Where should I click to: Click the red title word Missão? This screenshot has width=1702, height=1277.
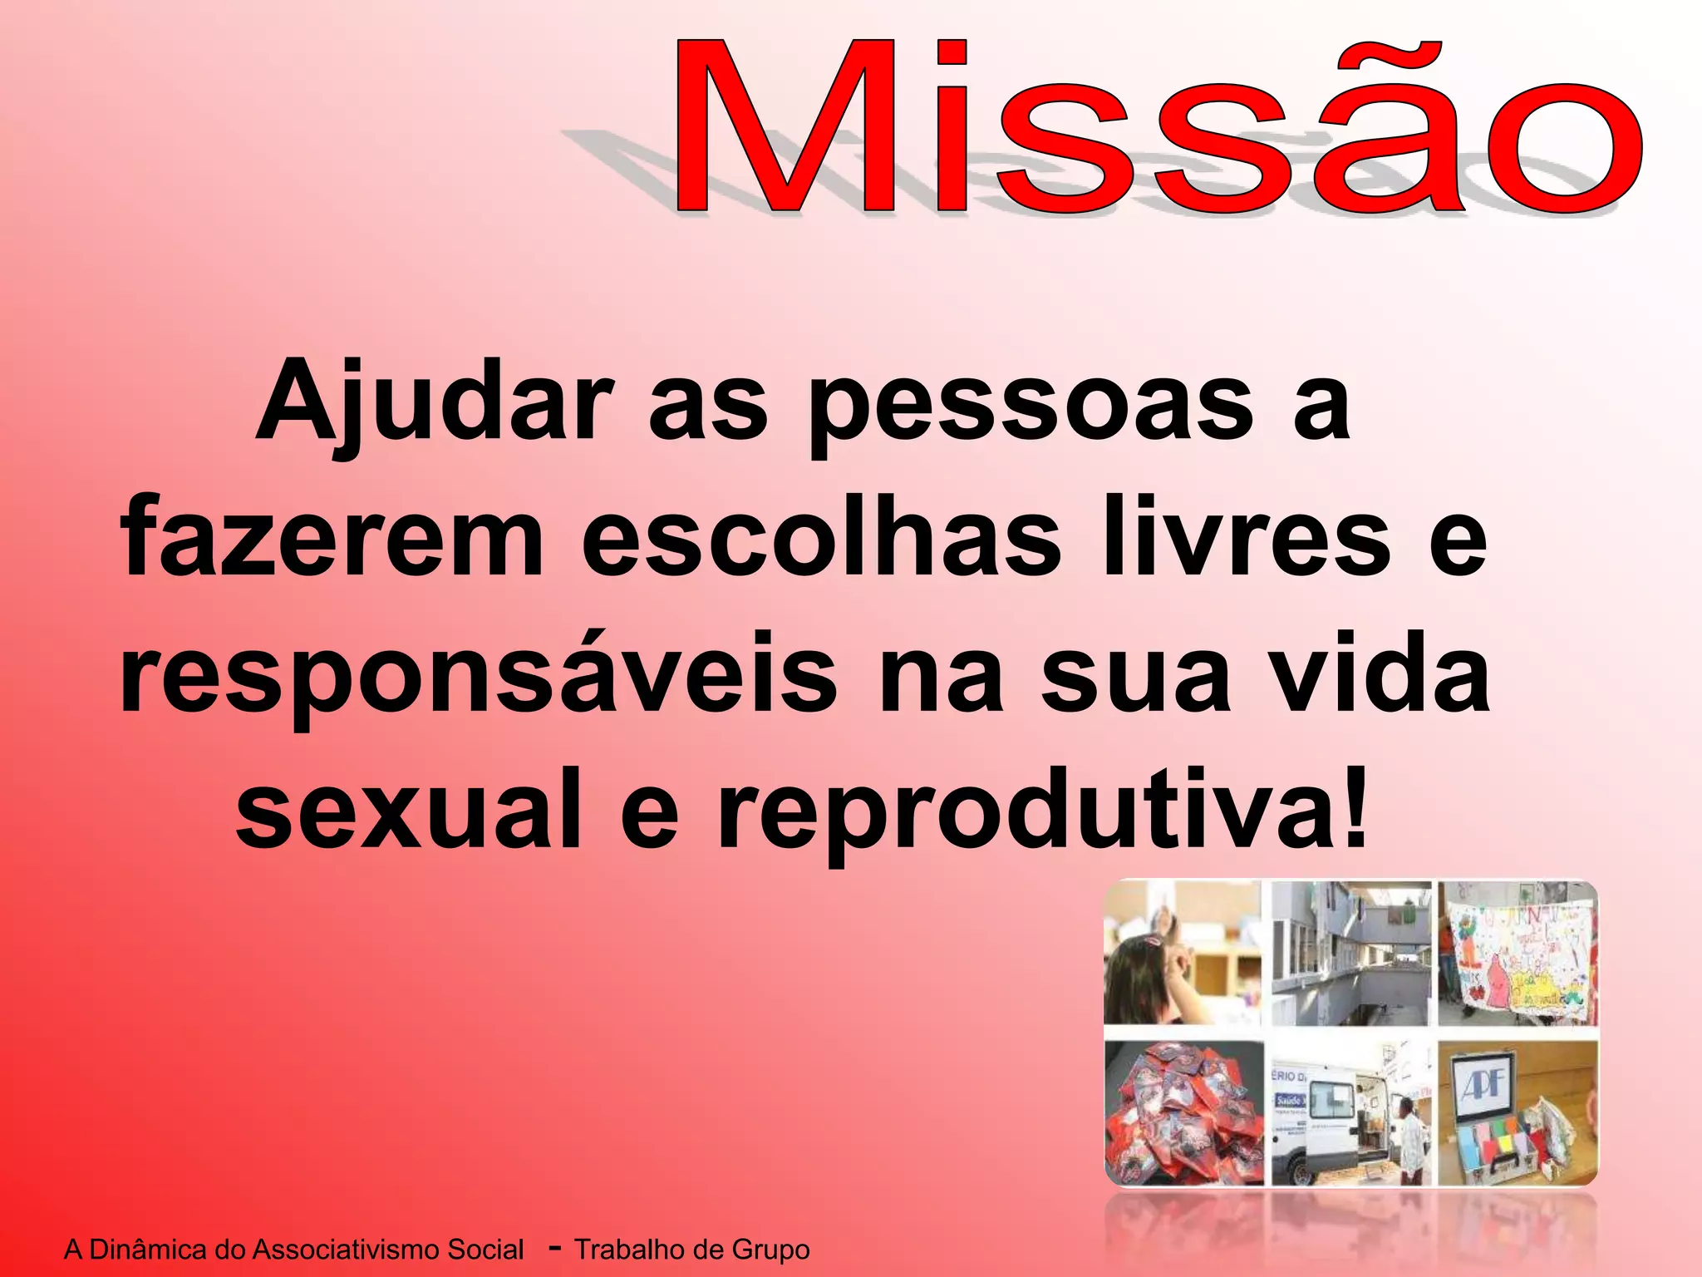coord(1155,125)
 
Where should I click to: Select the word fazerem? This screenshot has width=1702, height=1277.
coord(332,540)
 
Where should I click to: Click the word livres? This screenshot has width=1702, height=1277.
coord(1247,540)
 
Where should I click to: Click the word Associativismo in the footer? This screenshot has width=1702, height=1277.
coord(387,1250)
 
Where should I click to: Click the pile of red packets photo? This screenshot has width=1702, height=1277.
coord(1182,1114)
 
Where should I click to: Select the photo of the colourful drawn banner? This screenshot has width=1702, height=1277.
coord(1518,956)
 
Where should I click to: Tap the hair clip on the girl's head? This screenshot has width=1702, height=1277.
coord(1154,943)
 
